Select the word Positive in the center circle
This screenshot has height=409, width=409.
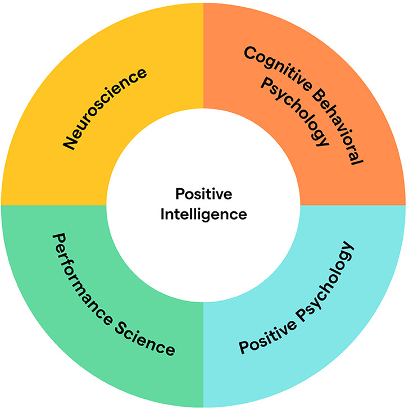(x=203, y=194)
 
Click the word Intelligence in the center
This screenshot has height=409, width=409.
(x=203, y=214)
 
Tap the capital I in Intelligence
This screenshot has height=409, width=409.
(x=163, y=214)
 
